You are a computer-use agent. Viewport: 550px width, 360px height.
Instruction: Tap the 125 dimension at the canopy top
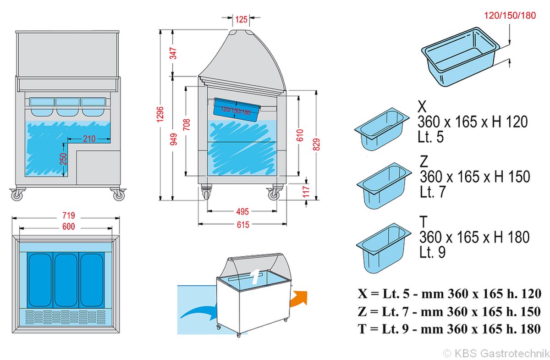(x=242, y=19)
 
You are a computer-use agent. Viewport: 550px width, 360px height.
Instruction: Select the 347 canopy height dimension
(x=173, y=53)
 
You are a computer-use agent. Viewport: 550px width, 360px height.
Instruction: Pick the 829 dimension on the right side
(x=316, y=143)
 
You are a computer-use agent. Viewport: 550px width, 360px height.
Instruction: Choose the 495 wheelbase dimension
(x=242, y=211)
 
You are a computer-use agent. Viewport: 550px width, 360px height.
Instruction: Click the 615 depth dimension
(x=242, y=224)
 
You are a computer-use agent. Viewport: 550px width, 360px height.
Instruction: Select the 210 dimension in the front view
(x=89, y=138)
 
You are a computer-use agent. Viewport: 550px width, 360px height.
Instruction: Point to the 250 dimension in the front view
(x=63, y=159)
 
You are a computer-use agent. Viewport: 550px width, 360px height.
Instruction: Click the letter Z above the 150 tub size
(x=424, y=162)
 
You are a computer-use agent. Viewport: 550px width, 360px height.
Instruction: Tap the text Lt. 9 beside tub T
(x=432, y=252)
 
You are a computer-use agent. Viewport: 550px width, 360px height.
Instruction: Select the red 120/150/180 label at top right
(x=510, y=15)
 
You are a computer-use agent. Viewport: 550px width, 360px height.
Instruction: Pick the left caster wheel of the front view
(x=17, y=195)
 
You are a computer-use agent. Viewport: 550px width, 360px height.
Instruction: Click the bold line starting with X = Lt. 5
(x=450, y=294)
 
